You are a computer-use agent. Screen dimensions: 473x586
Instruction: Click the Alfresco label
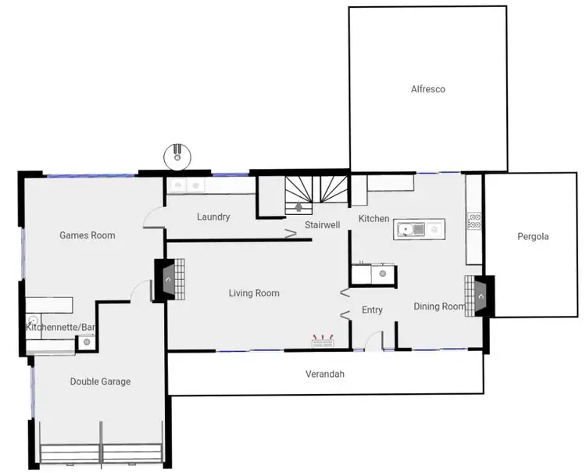click(427, 89)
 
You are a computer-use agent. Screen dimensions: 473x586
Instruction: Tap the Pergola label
click(533, 236)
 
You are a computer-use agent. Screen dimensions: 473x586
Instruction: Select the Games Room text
click(88, 235)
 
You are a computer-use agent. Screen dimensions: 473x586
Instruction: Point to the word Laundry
click(213, 217)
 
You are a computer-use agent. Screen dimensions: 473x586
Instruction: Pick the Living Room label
click(254, 293)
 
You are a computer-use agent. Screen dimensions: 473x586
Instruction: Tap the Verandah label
click(324, 374)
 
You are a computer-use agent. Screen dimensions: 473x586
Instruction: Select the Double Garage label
click(100, 382)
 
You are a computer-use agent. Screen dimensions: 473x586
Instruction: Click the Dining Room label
click(438, 306)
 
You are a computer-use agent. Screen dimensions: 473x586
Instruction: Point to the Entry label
click(372, 310)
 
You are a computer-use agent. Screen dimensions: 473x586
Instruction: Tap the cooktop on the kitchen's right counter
click(473, 221)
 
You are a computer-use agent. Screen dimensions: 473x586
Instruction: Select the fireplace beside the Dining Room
click(479, 296)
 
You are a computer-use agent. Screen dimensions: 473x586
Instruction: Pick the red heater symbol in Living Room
click(323, 341)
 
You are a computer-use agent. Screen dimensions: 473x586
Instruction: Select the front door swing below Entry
click(376, 340)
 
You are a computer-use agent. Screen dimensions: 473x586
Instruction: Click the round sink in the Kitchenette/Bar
click(34, 319)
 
